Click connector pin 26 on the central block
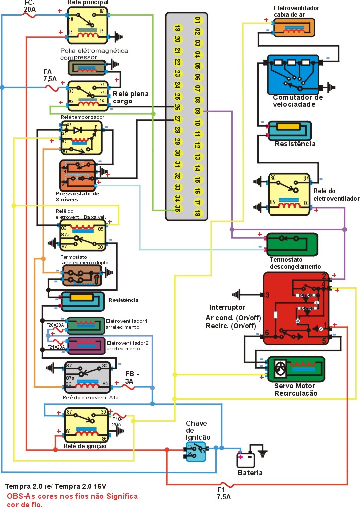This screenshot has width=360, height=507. pyautogui.click(x=177, y=106)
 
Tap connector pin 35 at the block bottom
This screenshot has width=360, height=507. pyautogui.click(x=177, y=209)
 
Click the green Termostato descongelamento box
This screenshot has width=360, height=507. pyautogui.click(x=292, y=243)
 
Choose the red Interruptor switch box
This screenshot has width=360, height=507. pyautogui.click(x=296, y=308)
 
